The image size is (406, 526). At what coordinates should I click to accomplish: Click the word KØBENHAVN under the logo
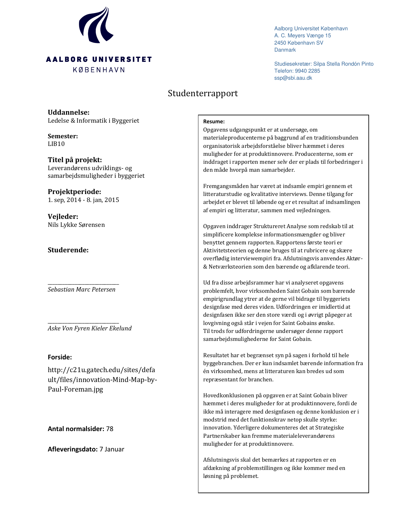tap(99, 70)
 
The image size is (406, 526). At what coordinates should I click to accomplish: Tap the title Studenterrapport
tap(203, 93)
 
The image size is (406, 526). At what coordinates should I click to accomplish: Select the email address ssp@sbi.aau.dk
tap(293, 78)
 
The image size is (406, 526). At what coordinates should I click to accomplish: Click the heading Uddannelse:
tap(68, 112)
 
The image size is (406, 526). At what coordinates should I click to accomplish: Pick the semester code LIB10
tap(56, 144)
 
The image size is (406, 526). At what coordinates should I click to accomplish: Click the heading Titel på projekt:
tap(75, 160)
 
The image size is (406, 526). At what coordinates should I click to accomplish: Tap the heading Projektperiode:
tap(75, 192)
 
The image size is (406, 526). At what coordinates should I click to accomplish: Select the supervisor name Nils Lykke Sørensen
tap(76, 225)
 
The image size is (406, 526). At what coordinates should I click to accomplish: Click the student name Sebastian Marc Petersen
tap(82, 290)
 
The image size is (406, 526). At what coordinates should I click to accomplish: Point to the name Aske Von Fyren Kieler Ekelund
tap(89, 328)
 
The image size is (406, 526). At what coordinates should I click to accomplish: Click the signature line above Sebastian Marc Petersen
tap(83, 284)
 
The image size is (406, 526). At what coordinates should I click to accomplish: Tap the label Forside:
tap(60, 357)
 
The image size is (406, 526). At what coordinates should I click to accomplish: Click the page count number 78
tap(110, 429)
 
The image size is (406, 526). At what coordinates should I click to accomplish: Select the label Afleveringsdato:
tap(73, 449)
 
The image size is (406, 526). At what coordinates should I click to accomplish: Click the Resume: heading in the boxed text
tap(214, 121)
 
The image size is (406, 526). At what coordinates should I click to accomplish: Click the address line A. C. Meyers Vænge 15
tap(303, 36)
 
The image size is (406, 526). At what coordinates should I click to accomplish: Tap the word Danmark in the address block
tap(285, 50)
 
